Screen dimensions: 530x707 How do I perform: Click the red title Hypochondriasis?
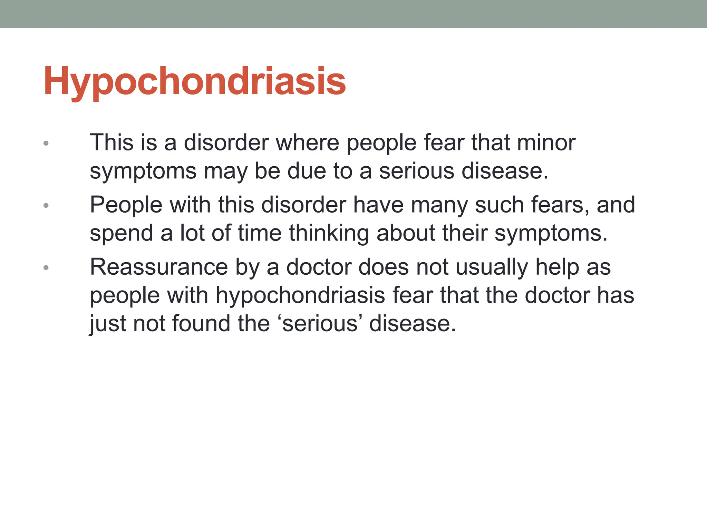click(194, 81)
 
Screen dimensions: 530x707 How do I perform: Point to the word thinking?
click(329, 233)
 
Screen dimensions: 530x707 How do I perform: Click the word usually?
click(492, 267)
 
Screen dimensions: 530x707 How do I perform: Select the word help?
click(557, 267)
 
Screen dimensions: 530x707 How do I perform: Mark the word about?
click(406, 233)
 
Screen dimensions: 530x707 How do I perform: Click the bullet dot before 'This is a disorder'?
click(46, 143)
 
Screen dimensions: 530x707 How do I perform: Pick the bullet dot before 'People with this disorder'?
click(46, 206)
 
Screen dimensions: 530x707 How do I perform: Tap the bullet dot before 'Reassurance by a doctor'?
click(46, 268)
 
